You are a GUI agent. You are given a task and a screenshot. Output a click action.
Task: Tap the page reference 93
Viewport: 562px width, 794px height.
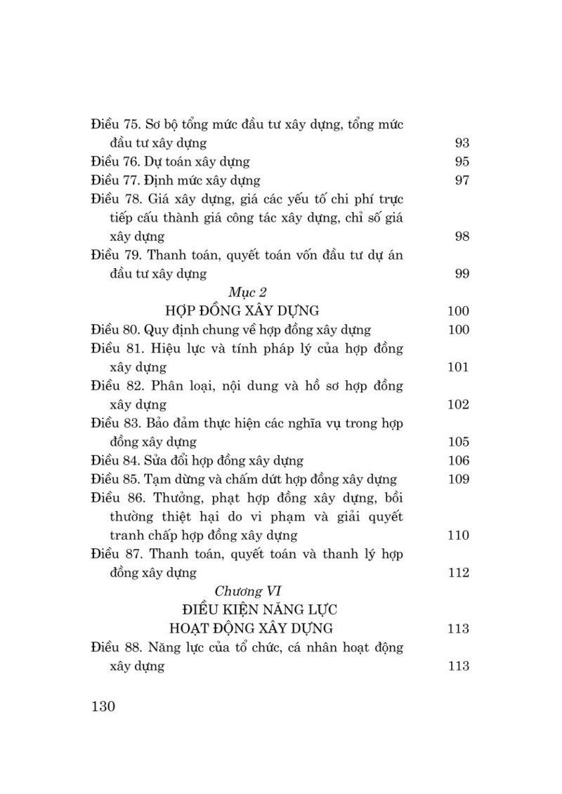[462, 143]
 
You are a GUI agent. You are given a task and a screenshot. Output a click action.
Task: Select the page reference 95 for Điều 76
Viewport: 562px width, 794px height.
[462, 161]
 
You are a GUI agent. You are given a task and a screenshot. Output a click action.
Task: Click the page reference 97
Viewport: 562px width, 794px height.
[462, 180]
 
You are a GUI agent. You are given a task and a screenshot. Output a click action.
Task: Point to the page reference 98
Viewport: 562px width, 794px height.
[462, 236]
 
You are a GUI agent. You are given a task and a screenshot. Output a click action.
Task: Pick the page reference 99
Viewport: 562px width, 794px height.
[462, 273]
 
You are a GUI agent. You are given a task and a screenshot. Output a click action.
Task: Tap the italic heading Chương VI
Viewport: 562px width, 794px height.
[248, 591]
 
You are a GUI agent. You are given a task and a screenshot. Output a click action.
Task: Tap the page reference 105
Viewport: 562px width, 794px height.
[458, 442]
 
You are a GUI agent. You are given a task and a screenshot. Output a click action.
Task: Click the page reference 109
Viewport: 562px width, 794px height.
[458, 479]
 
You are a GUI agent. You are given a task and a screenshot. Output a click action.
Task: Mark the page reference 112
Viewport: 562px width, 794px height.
[458, 573]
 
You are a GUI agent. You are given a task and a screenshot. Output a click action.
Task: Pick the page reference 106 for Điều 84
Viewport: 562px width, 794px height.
[458, 461]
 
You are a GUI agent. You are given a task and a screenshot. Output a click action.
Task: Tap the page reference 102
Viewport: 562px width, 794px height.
[458, 404]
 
